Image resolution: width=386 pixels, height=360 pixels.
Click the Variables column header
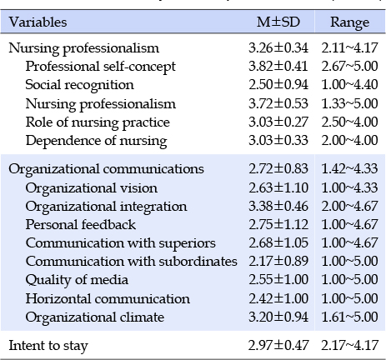click(38, 22)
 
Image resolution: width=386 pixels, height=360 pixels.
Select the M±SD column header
click(278, 22)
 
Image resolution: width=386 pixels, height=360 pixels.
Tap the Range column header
click(349, 22)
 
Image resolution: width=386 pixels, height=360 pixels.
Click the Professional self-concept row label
click(100, 67)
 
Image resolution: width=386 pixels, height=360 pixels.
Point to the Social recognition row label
click(79, 85)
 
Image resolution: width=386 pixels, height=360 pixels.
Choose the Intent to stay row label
click(48, 346)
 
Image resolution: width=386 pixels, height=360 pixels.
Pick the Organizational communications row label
click(106, 169)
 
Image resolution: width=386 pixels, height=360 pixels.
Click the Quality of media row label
click(77, 280)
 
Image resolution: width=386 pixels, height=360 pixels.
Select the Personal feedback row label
click(81, 224)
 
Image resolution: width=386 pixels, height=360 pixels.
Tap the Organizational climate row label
click(95, 317)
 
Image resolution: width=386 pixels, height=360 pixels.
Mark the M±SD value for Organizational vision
click(278, 188)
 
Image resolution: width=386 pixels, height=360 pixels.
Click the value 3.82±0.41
click(278, 67)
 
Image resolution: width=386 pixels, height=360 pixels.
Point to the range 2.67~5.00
click(349, 67)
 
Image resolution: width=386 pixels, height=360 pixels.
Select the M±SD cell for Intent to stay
click(278, 346)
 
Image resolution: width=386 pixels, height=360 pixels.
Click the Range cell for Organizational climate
click(349, 317)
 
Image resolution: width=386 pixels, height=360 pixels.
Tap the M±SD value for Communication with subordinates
click(278, 262)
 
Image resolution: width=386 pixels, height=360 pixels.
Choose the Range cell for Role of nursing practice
click(349, 122)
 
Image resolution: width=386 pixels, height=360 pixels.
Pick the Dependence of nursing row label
click(96, 141)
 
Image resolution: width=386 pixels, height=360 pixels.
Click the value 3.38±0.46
click(278, 207)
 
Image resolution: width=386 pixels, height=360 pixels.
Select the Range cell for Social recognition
click(349, 85)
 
